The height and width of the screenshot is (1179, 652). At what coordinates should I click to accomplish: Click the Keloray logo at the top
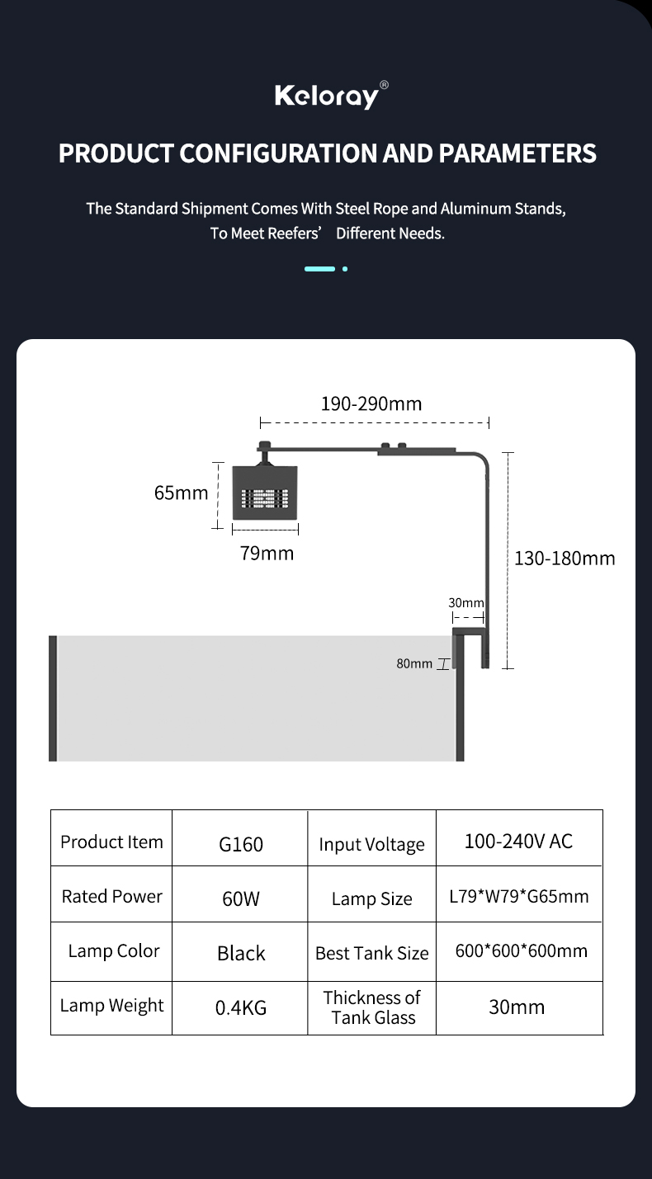pos(331,95)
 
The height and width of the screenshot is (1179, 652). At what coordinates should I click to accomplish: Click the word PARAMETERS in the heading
pos(517,153)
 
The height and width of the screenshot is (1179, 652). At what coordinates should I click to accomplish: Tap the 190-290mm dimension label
pos(371,403)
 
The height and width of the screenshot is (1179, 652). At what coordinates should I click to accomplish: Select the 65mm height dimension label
pos(182,493)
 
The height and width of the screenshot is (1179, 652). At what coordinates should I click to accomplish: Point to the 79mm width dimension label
pos(267,553)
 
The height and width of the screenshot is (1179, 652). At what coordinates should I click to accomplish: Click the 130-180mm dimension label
pos(565,559)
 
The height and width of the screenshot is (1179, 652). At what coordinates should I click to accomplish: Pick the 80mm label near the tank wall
pos(414,663)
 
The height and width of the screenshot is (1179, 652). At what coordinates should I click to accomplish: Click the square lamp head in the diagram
pos(265,493)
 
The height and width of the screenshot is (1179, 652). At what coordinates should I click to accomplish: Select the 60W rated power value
pos(241,898)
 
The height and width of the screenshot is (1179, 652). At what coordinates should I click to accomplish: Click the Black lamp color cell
pos(241,953)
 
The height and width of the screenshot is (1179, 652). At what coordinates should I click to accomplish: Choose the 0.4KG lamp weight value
pos(241,1007)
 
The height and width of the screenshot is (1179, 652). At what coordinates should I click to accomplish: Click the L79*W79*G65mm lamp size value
pos(519,896)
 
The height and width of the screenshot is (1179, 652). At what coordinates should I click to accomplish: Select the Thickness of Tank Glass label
pos(372,1007)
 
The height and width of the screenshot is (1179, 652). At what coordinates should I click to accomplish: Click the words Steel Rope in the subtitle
pos(371,209)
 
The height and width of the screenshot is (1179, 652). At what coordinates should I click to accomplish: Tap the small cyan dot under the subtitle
pos(345,269)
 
